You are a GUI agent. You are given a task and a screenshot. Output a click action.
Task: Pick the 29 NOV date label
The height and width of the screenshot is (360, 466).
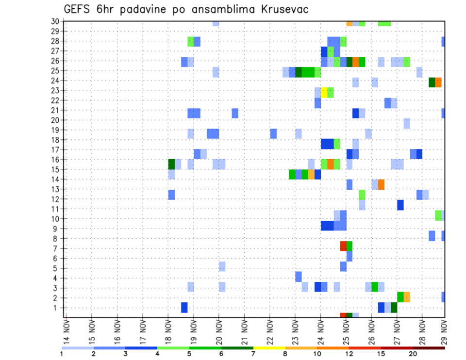click(444, 332)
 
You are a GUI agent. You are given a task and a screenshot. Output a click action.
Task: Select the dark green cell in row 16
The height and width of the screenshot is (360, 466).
click(171, 164)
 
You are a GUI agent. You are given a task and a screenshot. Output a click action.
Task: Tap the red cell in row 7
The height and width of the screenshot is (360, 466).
click(343, 246)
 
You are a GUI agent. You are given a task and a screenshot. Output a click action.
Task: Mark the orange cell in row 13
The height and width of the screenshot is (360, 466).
click(381, 184)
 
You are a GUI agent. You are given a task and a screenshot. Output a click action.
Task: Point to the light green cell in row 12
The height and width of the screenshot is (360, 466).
click(362, 195)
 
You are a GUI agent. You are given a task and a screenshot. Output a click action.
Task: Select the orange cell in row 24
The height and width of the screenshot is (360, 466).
click(438, 82)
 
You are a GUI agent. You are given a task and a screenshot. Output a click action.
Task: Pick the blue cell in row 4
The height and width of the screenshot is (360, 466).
click(299, 277)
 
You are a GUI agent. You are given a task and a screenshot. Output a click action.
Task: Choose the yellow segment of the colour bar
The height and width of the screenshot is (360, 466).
click(269, 347)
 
